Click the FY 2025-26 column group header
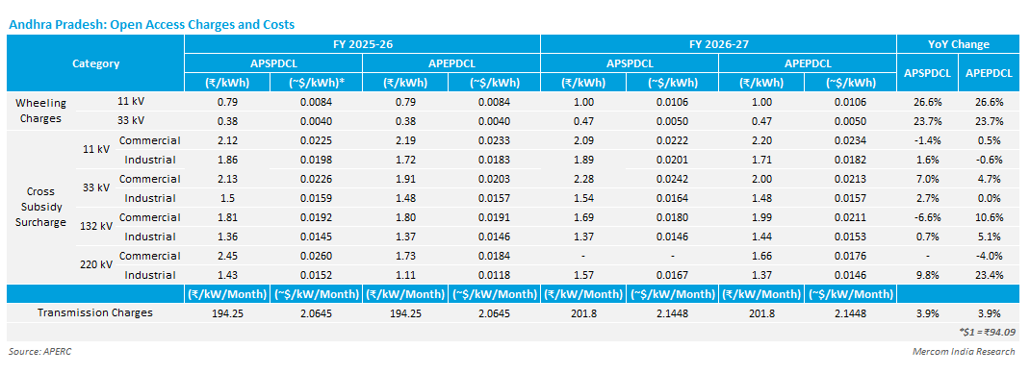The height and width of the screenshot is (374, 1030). pyautogui.click(x=362, y=44)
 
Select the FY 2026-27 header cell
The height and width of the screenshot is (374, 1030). pyautogui.click(x=718, y=44)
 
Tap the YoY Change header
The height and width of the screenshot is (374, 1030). pyautogui.click(x=958, y=44)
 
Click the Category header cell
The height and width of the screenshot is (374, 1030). pyautogui.click(x=95, y=63)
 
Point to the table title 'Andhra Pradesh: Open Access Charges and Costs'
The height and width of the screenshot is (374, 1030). pyautogui.click(x=151, y=24)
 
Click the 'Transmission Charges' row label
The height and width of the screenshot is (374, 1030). pyautogui.click(x=94, y=312)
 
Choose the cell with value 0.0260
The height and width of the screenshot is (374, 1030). pyautogui.click(x=316, y=255)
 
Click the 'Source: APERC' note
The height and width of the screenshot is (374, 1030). pyautogui.click(x=39, y=352)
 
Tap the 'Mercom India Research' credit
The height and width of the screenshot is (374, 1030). pyautogui.click(x=963, y=352)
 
